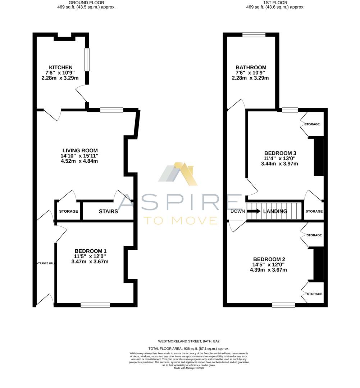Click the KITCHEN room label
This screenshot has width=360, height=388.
pyautogui.click(x=61, y=68)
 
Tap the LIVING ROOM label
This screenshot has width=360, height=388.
pyautogui.click(x=79, y=151)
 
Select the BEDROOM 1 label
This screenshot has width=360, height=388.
pyautogui.click(x=90, y=251)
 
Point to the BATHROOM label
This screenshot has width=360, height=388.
pyautogui.click(x=251, y=68)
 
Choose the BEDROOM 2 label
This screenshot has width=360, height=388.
pyautogui.click(x=269, y=259)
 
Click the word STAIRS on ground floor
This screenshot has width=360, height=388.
pyautogui.click(x=108, y=212)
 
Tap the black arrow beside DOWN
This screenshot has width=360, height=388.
pyautogui.click(x=253, y=211)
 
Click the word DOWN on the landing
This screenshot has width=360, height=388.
pyautogui.click(x=237, y=211)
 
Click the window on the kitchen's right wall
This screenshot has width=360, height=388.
pyautogui.click(x=87, y=60)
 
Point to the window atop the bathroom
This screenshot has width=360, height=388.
pyautogui.click(x=254, y=34)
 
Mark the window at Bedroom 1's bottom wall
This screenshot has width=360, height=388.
pyautogui.click(x=95, y=305)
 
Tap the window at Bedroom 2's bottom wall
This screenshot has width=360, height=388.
pyautogui.click(x=283, y=305)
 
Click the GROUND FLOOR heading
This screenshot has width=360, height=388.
pyautogui.click(x=87, y=2)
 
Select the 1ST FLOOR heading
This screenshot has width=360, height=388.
pyautogui.click(x=275, y=2)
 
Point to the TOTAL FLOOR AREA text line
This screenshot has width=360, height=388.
pyautogui.click(x=189, y=348)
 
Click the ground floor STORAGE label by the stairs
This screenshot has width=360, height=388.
pyautogui.click(x=68, y=211)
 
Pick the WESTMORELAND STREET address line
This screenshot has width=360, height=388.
pyautogui.click(x=189, y=341)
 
